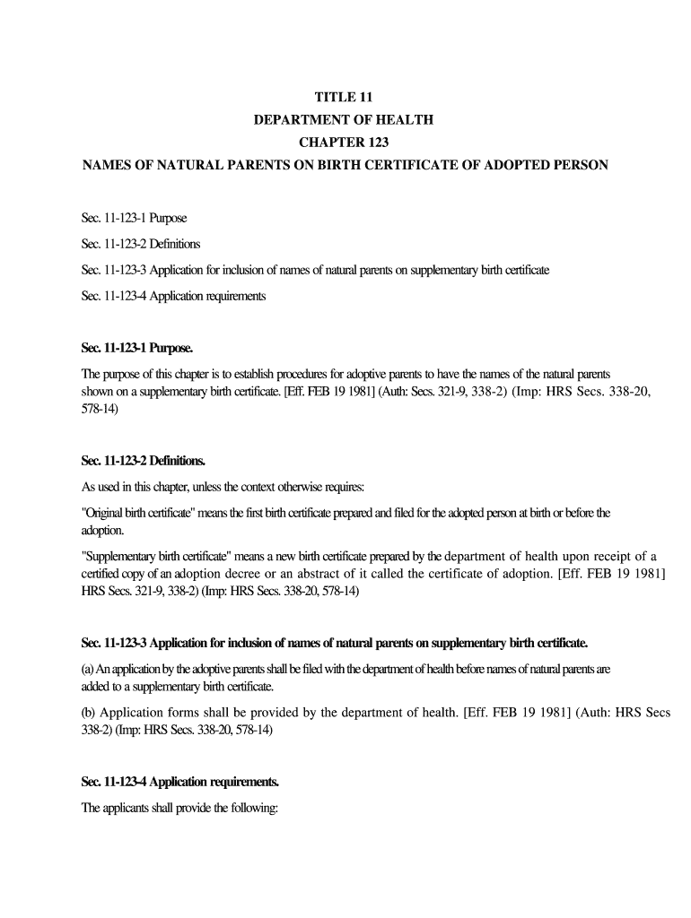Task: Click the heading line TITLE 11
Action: (x=345, y=98)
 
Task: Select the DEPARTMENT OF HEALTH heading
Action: (x=345, y=120)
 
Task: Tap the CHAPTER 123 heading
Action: (x=345, y=143)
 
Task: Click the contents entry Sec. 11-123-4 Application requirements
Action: (x=173, y=296)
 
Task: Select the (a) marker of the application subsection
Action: (x=88, y=670)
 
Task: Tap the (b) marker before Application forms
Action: (x=89, y=713)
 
